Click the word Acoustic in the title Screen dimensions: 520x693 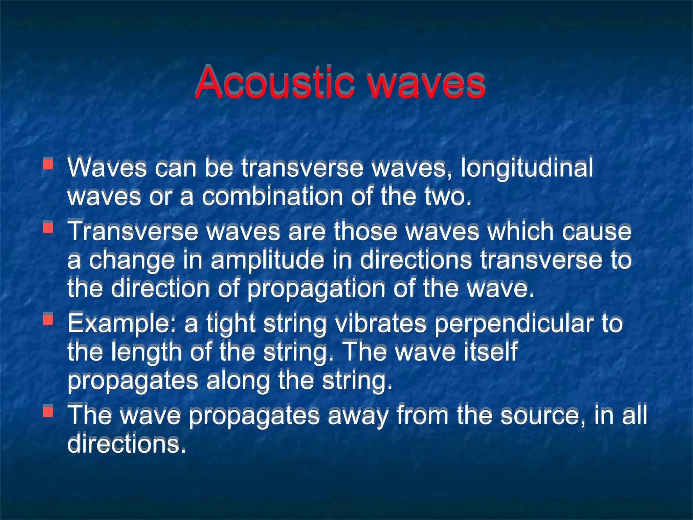point(274,83)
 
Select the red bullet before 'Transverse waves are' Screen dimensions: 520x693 point(48,227)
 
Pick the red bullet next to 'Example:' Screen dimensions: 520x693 point(48,319)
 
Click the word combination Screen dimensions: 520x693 point(272,196)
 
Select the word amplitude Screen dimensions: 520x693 point(267,260)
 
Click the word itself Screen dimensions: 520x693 point(491,351)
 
